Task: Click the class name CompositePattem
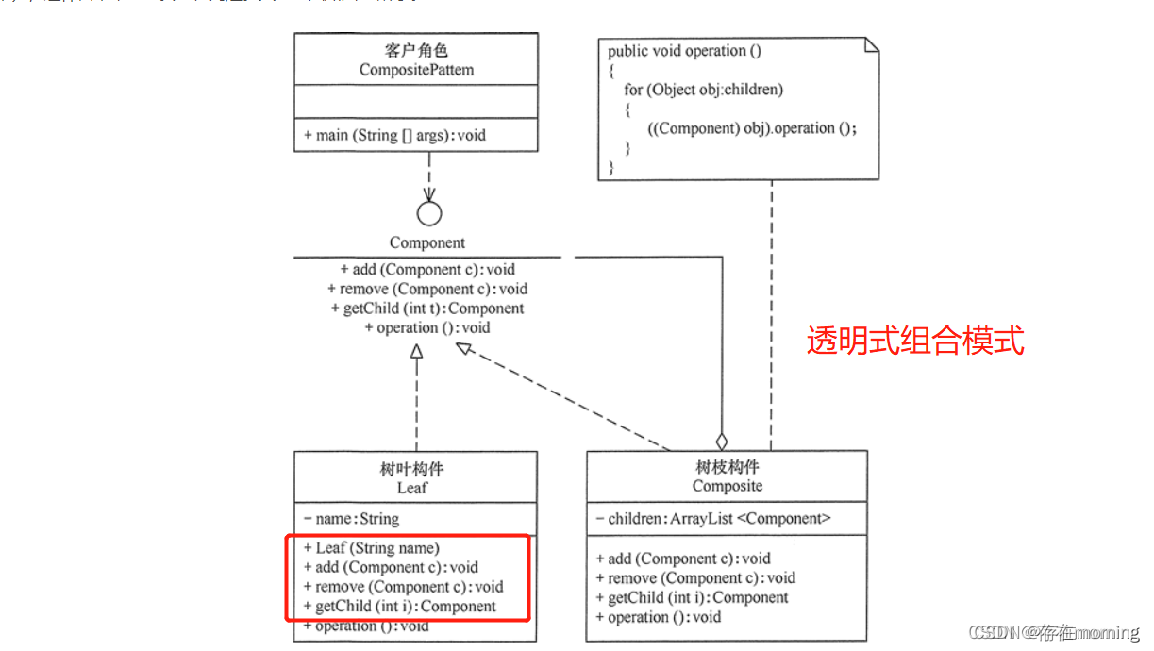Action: tap(416, 70)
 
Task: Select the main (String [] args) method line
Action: tap(395, 135)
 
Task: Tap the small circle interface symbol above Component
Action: tap(428, 213)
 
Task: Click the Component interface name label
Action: tap(427, 242)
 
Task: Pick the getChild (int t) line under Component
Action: tap(427, 309)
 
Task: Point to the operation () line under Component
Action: tap(427, 328)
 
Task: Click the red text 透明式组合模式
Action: tap(914, 341)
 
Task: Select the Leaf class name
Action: tap(412, 488)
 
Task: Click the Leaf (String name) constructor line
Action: tap(372, 547)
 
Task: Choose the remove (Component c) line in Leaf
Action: tap(404, 587)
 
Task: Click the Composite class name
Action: tap(727, 486)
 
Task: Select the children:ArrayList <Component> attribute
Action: tap(713, 518)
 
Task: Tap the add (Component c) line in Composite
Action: tap(683, 559)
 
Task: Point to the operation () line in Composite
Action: tap(659, 617)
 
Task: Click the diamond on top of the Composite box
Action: tap(722, 441)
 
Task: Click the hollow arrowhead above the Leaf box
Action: tap(416, 352)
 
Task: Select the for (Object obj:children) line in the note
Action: tap(703, 90)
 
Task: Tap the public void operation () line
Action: tap(684, 51)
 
